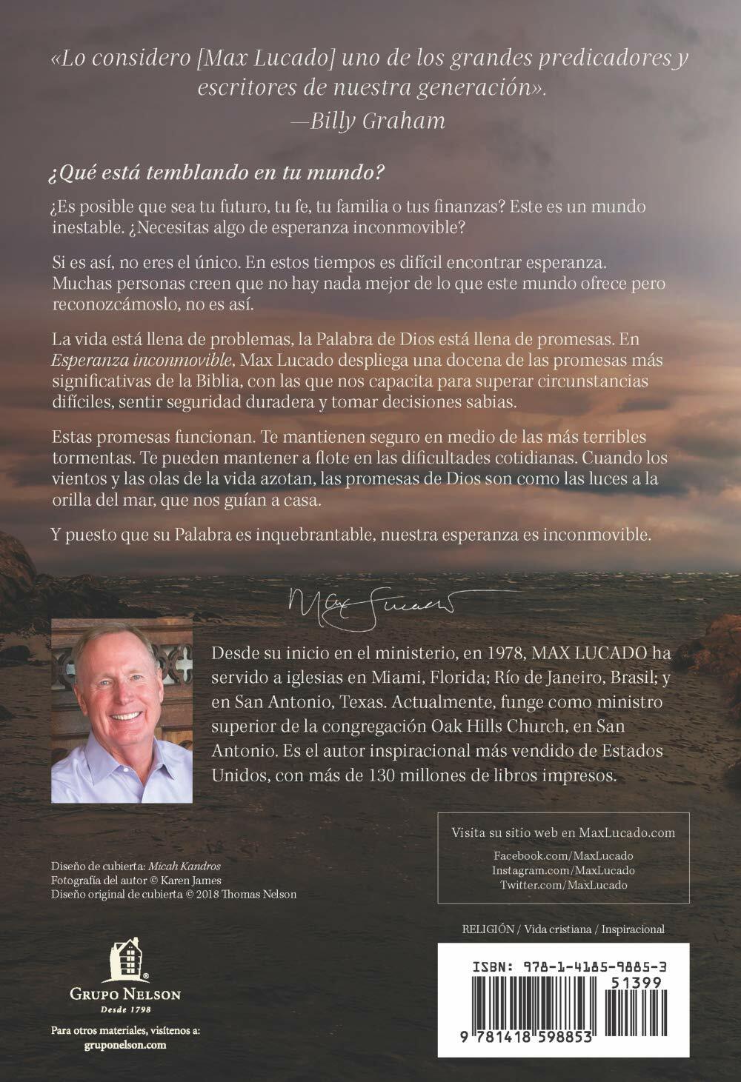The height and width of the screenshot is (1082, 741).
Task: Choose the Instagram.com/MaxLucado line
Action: tap(562, 871)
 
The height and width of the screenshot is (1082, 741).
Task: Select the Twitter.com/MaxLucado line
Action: tap(562, 885)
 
